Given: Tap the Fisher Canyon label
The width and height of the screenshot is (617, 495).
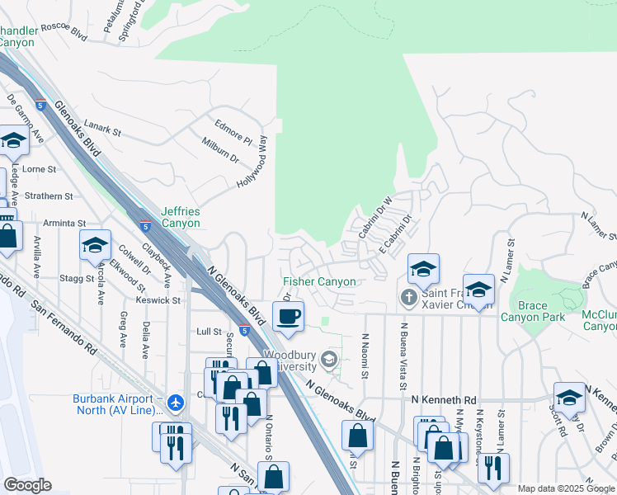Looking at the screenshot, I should pos(320,282).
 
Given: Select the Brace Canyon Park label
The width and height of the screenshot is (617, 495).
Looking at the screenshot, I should pos(534,311).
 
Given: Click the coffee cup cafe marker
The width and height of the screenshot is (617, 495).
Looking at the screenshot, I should pos(288,316).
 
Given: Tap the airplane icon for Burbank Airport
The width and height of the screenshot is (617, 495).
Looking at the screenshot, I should pos(175,403).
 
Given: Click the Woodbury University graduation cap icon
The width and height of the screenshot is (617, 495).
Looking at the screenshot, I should pos(329,358).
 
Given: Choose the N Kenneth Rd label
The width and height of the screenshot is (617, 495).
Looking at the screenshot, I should pos(444,399).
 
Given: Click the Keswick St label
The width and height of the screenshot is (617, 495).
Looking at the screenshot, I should pos(158,300).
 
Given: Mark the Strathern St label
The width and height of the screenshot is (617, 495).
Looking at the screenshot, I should pos(48,196).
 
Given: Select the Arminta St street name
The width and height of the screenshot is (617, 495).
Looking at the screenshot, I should pos(64,223).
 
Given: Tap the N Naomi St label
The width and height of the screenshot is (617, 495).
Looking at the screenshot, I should pos(365,357).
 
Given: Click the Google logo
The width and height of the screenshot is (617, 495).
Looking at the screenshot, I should pos(27,485).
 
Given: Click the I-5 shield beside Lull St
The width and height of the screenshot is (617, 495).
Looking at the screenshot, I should pos(244,330).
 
